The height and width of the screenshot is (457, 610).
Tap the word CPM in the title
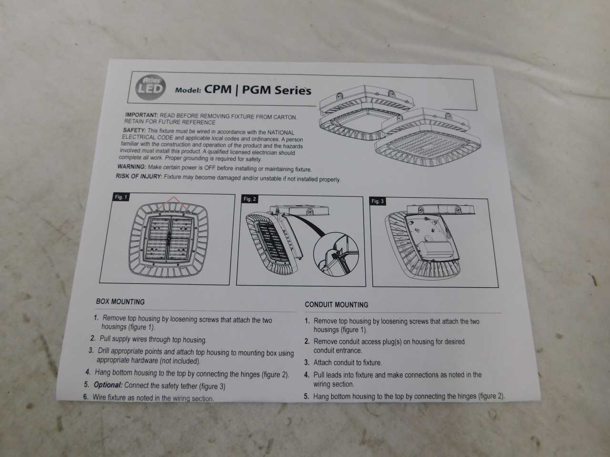[218, 89]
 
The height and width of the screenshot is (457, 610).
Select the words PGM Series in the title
[276, 90]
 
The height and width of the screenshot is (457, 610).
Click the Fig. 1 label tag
[121, 197]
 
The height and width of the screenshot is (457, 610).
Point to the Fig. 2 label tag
[250, 199]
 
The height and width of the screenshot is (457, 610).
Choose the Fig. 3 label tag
[377, 201]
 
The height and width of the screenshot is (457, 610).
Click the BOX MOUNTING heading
[120, 302]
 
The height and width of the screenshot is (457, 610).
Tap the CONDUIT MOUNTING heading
[336, 305]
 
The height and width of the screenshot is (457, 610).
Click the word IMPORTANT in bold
[141, 115]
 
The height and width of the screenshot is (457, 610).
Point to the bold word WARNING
[132, 167]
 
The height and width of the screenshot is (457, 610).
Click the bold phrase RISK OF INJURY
[139, 176]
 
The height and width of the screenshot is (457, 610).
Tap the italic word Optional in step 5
[108, 385]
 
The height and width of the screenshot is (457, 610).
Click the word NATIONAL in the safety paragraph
[281, 133]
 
